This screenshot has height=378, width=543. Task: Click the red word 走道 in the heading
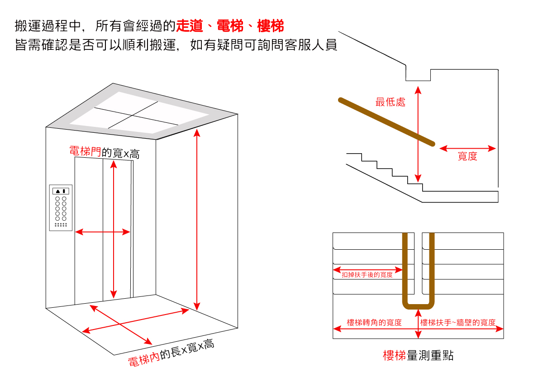click(189, 26)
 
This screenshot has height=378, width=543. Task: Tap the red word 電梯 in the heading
click(230, 26)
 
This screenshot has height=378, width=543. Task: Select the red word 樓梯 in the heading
click(270, 26)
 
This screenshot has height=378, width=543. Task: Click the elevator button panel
click(61, 208)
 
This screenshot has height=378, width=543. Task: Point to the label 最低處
click(391, 102)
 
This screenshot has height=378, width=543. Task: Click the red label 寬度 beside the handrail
click(467, 157)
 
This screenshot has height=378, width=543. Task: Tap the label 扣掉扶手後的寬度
click(367, 275)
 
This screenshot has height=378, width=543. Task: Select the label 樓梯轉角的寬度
click(374, 323)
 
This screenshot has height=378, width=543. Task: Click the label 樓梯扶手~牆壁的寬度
click(458, 323)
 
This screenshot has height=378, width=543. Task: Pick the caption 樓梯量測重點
click(418, 356)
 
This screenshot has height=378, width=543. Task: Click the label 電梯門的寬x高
click(105, 152)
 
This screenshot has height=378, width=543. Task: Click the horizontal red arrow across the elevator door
click(102, 232)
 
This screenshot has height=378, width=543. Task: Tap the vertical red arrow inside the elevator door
click(114, 229)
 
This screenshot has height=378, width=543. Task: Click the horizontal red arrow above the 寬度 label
click(467, 148)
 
